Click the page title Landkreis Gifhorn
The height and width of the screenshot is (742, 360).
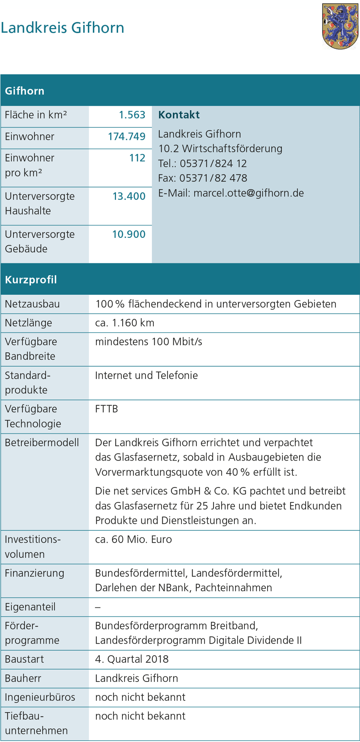pyautogui.click(x=63, y=28)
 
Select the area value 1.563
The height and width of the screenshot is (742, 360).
pyautogui.click(x=132, y=115)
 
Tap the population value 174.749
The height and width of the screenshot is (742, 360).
pyautogui.click(x=127, y=137)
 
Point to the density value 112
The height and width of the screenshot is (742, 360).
pyautogui.click(x=137, y=158)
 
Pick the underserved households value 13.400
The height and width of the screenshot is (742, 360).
pyautogui.click(x=129, y=196)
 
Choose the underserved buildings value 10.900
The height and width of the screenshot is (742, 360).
pyautogui.click(x=129, y=234)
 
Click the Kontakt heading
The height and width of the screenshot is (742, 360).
pyautogui.click(x=179, y=115)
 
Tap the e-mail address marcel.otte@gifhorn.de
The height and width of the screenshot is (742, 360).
pyautogui.click(x=248, y=193)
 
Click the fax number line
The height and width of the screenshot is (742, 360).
pyautogui.click(x=202, y=178)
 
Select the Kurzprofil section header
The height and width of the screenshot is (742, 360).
pyautogui.click(x=31, y=280)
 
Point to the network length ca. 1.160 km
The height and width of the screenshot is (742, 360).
pyautogui.click(x=125, y=323)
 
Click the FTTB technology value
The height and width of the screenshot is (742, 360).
pyautogui.click(x=107, y=409)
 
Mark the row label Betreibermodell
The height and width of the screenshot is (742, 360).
pyautogui.click(x=42, y=442)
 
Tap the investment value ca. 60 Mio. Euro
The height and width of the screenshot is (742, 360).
pyautogui.click(x=133, y=539)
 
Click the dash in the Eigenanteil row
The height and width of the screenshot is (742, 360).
pyautogui.click(x=98, y=607)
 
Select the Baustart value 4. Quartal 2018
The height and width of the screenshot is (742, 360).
pyautogui.click(x=132, y=659)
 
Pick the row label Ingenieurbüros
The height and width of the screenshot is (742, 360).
pyautogui.click(x=40, y=697)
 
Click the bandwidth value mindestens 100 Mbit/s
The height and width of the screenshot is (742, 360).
pyautogui.click(x=148, y=341)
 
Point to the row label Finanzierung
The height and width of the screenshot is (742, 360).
pyautogui.click(x=35, y=573)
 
